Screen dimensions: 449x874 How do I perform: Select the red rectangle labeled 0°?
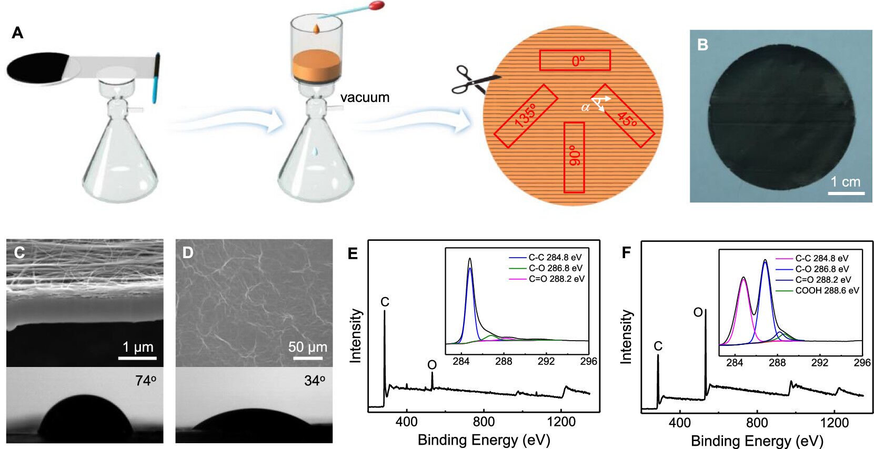(575, 60)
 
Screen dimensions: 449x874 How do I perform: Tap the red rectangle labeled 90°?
(574, 157)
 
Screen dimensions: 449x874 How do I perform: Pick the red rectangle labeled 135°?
(526, 116)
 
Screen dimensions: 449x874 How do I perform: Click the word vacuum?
(365, 97)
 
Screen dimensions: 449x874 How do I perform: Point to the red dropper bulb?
(377, 6)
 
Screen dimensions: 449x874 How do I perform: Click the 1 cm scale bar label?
(845, 182)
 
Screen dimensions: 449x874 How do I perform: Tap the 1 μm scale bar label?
(138, 347)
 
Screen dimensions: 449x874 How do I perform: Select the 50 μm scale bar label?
(307, 347)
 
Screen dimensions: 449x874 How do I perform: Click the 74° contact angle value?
(146, 381)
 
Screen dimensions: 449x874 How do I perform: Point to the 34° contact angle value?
(315, 381)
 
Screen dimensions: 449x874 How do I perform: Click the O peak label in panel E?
(432, 365)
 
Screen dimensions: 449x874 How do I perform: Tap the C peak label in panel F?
(658, 346)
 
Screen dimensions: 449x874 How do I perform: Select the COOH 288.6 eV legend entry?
(827, 290)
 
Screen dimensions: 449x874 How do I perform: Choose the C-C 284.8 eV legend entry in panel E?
(555, 257)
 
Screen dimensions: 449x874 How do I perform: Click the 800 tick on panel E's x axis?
(484, 422)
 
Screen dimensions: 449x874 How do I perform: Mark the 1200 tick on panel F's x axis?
(834, 423)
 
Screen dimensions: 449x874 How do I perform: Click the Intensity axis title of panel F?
(626, 336)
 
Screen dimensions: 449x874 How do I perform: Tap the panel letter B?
(702, 45)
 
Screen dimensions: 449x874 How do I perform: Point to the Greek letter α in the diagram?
(585, 108)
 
